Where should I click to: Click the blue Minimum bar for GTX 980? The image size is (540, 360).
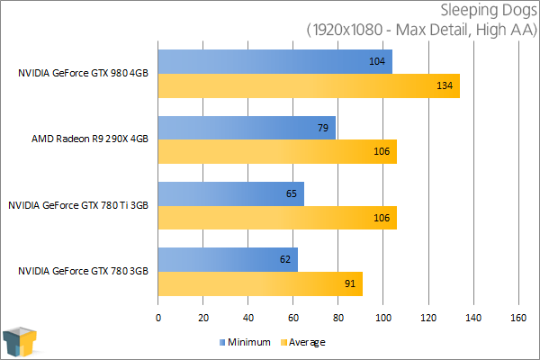tap(274, 61)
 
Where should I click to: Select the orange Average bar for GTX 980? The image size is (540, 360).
tap(309, 85)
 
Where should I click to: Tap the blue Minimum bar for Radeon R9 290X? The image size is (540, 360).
tap(247, 128)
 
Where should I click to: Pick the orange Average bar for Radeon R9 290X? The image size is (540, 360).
tap(277, 151)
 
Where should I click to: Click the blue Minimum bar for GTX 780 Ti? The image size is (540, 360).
tap(230, 193)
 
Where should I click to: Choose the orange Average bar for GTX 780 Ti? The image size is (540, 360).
tap(277, 217)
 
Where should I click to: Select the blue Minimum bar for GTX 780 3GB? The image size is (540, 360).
tap(228, 259)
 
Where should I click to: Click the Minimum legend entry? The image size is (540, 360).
tap(245, 342)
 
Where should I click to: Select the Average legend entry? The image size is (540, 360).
tap(303, 342)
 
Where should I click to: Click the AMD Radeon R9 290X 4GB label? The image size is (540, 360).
tap(89, 139)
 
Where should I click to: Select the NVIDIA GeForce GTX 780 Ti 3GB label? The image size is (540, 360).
tap(78, 205)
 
